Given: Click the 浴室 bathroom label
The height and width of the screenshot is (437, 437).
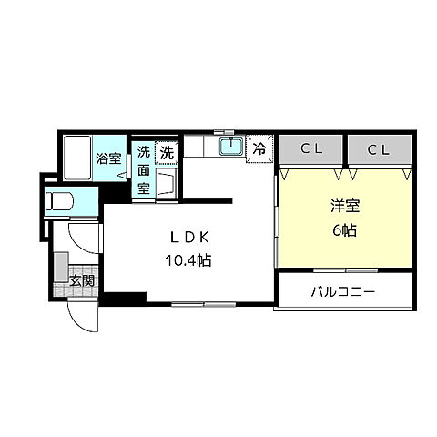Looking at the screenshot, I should pos(108,158).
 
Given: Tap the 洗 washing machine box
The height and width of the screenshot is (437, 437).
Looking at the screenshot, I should pos(167,153).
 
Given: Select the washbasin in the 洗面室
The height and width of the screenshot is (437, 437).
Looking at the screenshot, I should pos(167,183).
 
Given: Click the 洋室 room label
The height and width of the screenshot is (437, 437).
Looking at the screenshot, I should pos(343,207).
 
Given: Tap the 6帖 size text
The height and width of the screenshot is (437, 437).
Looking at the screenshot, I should pos(343,229).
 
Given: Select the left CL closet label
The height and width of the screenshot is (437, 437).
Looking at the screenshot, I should pos(310,148).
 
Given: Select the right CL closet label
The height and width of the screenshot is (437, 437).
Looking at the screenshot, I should pos(380,148).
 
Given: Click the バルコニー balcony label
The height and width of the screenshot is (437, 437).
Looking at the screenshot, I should pos(343,293).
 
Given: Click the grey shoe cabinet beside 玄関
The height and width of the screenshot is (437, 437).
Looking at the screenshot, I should pos(60,270).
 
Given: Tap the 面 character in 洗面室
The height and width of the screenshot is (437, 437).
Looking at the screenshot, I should pos(144,170).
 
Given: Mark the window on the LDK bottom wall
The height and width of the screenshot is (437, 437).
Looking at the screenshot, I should pos(202,302).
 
